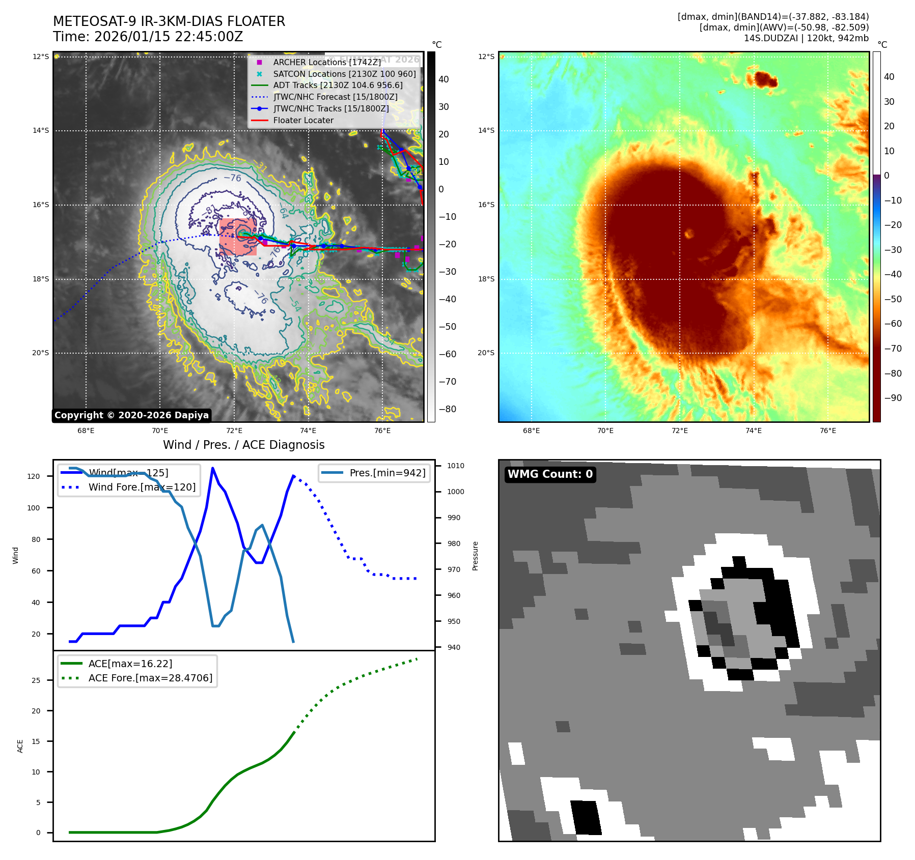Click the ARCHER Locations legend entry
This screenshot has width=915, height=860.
(326, 62)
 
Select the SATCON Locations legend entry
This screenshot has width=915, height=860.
(344, 74)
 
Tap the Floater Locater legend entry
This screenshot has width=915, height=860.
(303, 120)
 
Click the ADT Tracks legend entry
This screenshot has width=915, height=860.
(338, 85)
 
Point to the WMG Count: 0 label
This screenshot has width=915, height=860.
(550, 474)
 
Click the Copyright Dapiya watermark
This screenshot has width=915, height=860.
(131, 415)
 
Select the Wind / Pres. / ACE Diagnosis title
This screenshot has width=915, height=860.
(243, 445)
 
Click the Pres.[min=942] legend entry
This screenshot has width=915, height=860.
(387, 473)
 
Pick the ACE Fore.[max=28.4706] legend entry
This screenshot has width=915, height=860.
(150, 678)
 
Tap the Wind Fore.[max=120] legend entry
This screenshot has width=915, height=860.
(142, 487)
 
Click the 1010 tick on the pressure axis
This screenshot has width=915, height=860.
(456, 466)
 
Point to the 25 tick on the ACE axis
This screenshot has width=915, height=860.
(36, 680)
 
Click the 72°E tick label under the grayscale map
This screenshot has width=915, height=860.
(234, 431)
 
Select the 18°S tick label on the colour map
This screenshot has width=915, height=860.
(486, 279)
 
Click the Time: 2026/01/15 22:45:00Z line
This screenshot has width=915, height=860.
(148, 37)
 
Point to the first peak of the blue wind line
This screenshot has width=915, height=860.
(212, 468)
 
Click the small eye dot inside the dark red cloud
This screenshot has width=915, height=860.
(689, 234)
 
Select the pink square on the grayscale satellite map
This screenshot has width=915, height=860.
(238, 237)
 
